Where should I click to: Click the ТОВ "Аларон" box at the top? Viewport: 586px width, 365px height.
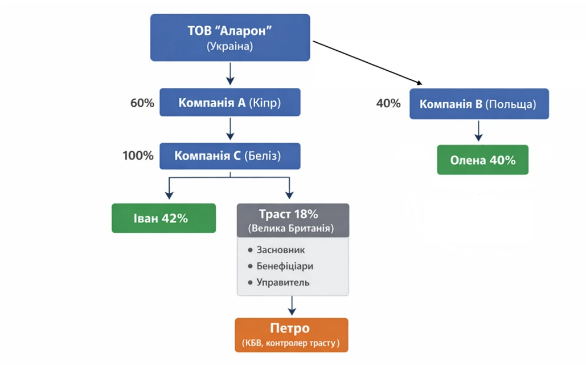click(x=230, y=31)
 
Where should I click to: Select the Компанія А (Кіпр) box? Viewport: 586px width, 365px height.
click(x=230, y=103)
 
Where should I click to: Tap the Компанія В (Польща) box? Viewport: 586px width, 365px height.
click(x=478, y=104)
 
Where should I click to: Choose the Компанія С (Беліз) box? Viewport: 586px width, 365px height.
click(x=230, y=156)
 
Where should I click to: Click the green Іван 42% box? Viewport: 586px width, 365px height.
click(x=163, y=218)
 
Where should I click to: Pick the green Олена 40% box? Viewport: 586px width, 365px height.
click(x=482, y=160)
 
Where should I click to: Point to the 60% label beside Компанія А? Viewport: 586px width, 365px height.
click(x=142, y=103)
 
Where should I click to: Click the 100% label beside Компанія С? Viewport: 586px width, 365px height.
click(x=138, y=155)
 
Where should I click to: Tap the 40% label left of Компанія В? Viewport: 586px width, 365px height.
click(x=388, y=104)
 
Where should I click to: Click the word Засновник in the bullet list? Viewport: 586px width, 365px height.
click(x=281, y=250)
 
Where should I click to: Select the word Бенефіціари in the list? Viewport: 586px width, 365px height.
click(x=285, y=266)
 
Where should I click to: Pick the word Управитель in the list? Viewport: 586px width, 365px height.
click(x=283, y=282)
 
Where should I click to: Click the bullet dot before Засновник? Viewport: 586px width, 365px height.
click(x=250, y=250)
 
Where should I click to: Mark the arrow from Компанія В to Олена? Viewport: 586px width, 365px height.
click(x=479, y=131)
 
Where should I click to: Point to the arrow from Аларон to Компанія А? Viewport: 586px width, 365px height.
click(x=230, y=73)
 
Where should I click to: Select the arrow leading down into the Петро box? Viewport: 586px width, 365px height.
click(x=292, y=306)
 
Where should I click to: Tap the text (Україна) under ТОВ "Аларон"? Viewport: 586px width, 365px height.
click(x=230, y=46)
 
